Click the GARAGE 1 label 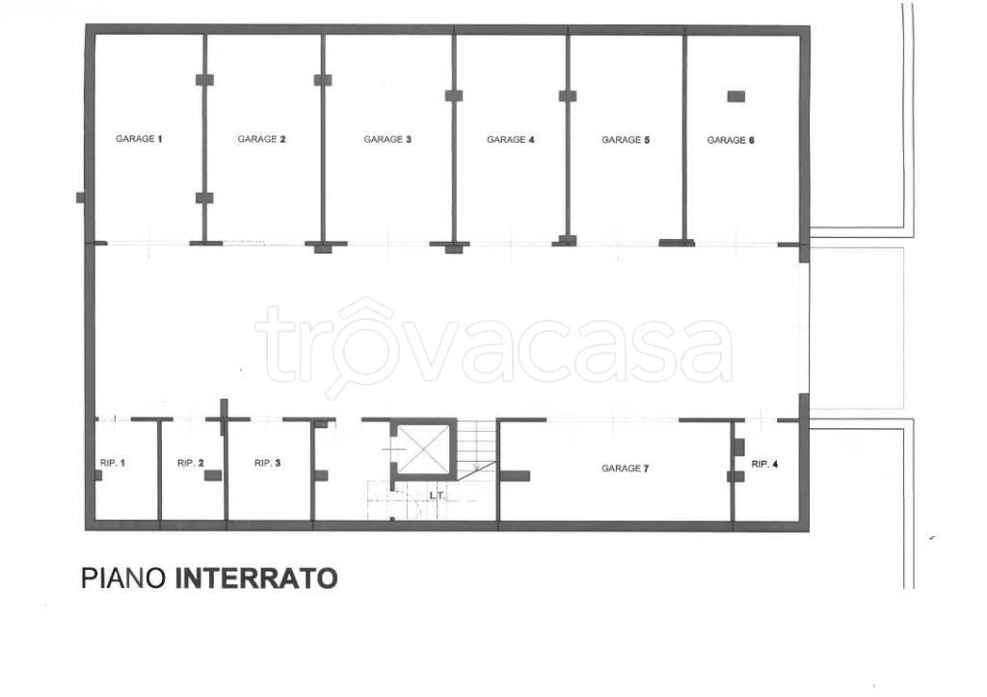point(139,139)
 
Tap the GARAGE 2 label point(262,139)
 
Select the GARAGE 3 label point(387,139)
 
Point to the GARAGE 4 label point(510,140)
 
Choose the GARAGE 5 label point(626,140)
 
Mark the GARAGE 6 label point(731,140)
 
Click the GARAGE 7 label point(625,469)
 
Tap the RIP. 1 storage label point(113,464)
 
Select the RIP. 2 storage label point(191,464)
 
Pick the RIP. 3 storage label point(267,464)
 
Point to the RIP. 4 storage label point(764,464)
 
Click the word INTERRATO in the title point(255,578)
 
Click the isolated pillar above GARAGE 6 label point(736,95)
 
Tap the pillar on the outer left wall point(81,197)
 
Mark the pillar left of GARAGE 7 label point(516,475)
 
